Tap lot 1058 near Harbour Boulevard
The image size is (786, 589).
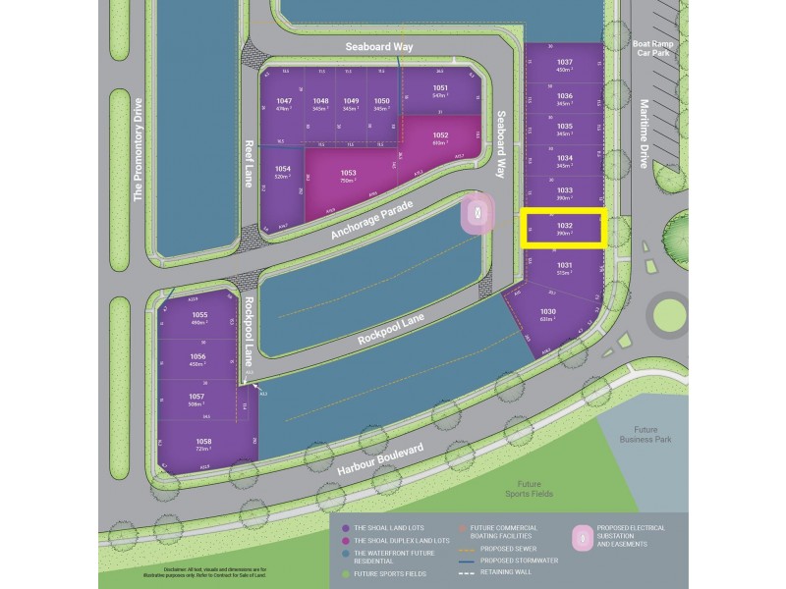click(x=203, y=445)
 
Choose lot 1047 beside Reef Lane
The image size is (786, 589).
click(x=284, y=105)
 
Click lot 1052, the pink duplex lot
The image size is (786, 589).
click(x=439, y=138)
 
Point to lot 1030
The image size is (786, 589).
click(x=547, y=315)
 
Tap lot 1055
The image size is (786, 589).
click(x=199, y=318)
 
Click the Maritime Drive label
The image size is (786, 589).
click(x=646, y=134)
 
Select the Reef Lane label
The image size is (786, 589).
click(x=248, y=161)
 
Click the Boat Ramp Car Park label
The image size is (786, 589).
click(x=654, y=50)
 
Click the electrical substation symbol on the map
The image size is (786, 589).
click(x=478, y=212)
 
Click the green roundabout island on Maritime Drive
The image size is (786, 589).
click(x=668, y=314)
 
